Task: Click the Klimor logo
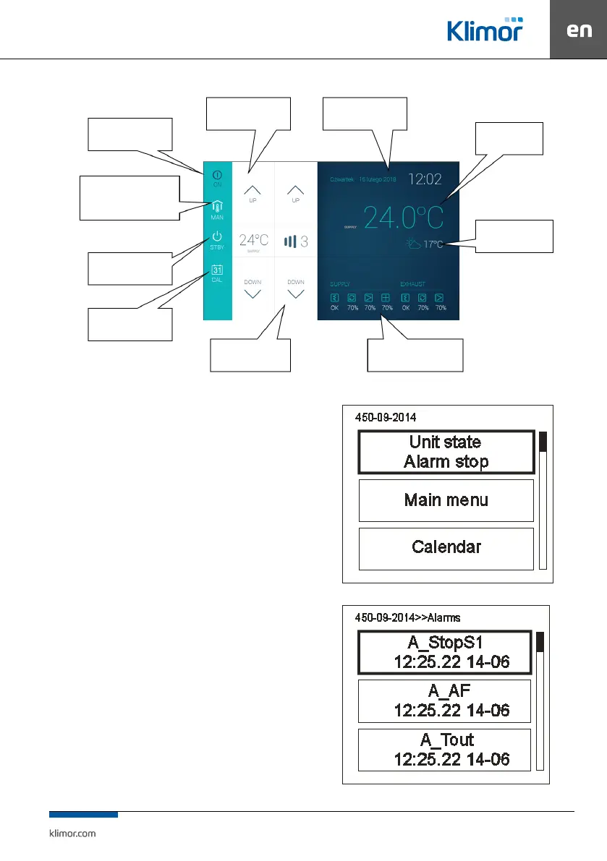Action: point(484,30)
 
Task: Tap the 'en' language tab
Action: point(579,30)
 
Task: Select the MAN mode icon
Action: point(217,209)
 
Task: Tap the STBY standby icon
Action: point(217,239)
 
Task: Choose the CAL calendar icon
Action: point(217,273)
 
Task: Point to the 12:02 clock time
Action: point(425,179)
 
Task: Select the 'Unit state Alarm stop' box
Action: point(446,452)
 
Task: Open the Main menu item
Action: point(446,500)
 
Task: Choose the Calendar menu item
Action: point(446,547)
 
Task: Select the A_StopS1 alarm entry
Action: point(444,653)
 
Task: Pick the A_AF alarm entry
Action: point(444,701)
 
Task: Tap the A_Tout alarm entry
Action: point(444,749)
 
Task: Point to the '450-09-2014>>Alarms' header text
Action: point(407,617)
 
